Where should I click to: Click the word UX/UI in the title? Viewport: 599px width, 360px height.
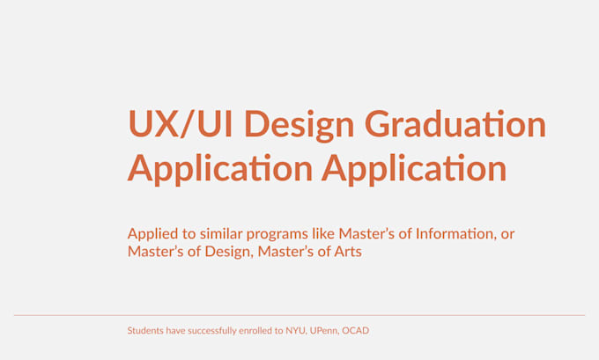coord(181,124)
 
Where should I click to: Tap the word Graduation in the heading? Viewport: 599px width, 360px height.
coord(455,124)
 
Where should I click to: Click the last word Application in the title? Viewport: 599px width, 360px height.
coord(413,168)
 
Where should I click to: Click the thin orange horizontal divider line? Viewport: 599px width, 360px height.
coord(299,314)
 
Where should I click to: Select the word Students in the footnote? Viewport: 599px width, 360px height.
coord(144,331)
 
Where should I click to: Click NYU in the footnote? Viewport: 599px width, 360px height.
coord(295,331)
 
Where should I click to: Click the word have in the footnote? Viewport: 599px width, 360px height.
coord(174,331)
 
